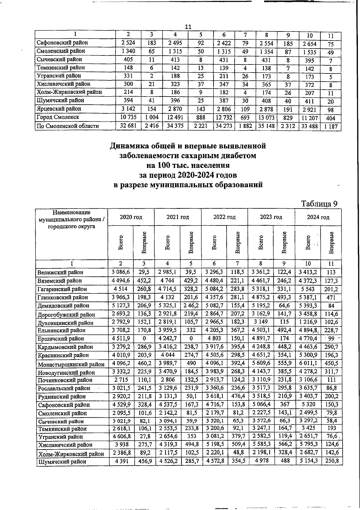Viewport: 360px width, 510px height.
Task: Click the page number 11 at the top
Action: click(x=188, y=27)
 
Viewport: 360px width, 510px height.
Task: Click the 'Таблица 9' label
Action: click(x=319, y=204)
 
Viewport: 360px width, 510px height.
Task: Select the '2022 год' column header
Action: click(x=224, y=217)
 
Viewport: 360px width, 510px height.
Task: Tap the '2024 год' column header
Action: click(x=318, y=217)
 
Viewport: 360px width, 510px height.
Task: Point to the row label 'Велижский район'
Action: click(x=60, y=273)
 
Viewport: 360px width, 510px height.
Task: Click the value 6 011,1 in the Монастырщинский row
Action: click(x=308, y=363)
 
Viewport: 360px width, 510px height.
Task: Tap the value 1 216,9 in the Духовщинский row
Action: click(x=308, y=322)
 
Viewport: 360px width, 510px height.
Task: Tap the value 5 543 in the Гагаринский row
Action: click(x=308, y=289)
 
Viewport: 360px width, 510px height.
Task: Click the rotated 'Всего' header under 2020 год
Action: click(x=121, y=243)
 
